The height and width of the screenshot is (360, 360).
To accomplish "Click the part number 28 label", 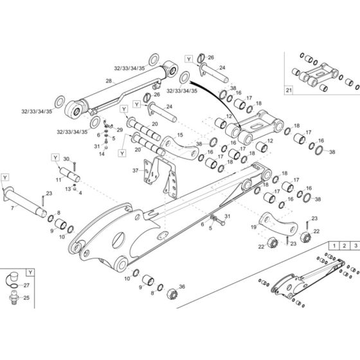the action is [x=109, y=81].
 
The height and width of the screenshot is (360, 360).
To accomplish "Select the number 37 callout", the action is [x=136, y=170].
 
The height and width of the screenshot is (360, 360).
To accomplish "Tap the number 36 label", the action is [x=182, y=287].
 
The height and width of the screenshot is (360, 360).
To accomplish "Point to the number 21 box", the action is [x=289, y=90].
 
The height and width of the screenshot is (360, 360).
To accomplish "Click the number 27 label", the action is [x=26, y=285].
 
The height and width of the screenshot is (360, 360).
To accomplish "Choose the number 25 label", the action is [x=26, y=298].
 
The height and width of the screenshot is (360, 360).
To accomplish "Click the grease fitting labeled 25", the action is [x=14, y=297].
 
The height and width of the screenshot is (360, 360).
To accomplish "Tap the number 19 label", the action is [x=253, y=227].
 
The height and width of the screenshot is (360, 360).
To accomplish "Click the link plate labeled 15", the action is [x=179, y=148].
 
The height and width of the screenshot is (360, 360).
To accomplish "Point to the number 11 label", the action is [x=59, y=179].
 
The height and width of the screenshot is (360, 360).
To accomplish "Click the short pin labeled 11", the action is [x=69, y=174].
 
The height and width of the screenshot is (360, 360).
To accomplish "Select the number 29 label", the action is [x=120, y=130].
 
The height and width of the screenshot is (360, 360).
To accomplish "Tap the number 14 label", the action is [x=102, y=154].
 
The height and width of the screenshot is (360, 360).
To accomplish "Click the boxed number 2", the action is [x=344, y=246].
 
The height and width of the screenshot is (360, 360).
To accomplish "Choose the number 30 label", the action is [x=66, y=159].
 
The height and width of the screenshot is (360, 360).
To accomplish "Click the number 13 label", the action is [x=68, y=189].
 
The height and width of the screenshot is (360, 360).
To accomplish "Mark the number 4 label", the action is [x=80, y=193].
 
